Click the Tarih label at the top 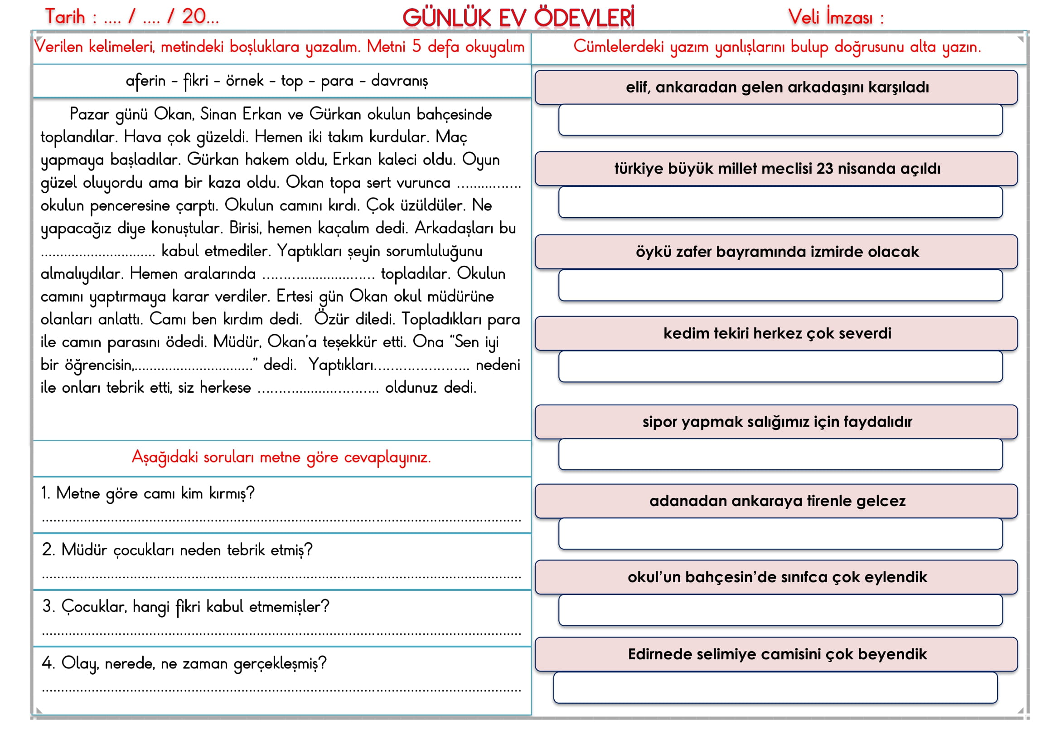[x=66, y=17]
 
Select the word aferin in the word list [x=145, y=81]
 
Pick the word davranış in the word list [x=399, y=81]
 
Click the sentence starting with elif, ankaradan [x=777, y=87]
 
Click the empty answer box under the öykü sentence [x=780, y=285]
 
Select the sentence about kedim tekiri [x=777, y=333]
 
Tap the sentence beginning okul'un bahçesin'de [x=777, y=577]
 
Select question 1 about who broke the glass [x=148, y=493]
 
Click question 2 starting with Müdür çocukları [x=177, y=550]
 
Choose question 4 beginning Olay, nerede [x=184, y=663]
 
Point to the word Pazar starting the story [x=89, y=114]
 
